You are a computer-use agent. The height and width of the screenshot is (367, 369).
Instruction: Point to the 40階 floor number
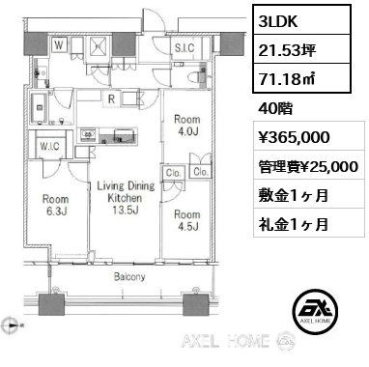click(x=276, y=108)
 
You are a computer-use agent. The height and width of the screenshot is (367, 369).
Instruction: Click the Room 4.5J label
click(x=185, y=221)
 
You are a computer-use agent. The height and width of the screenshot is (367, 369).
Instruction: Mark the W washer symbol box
click(x=60, y=45)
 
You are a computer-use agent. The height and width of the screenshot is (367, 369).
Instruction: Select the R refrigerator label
click(x=113, y=97)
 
